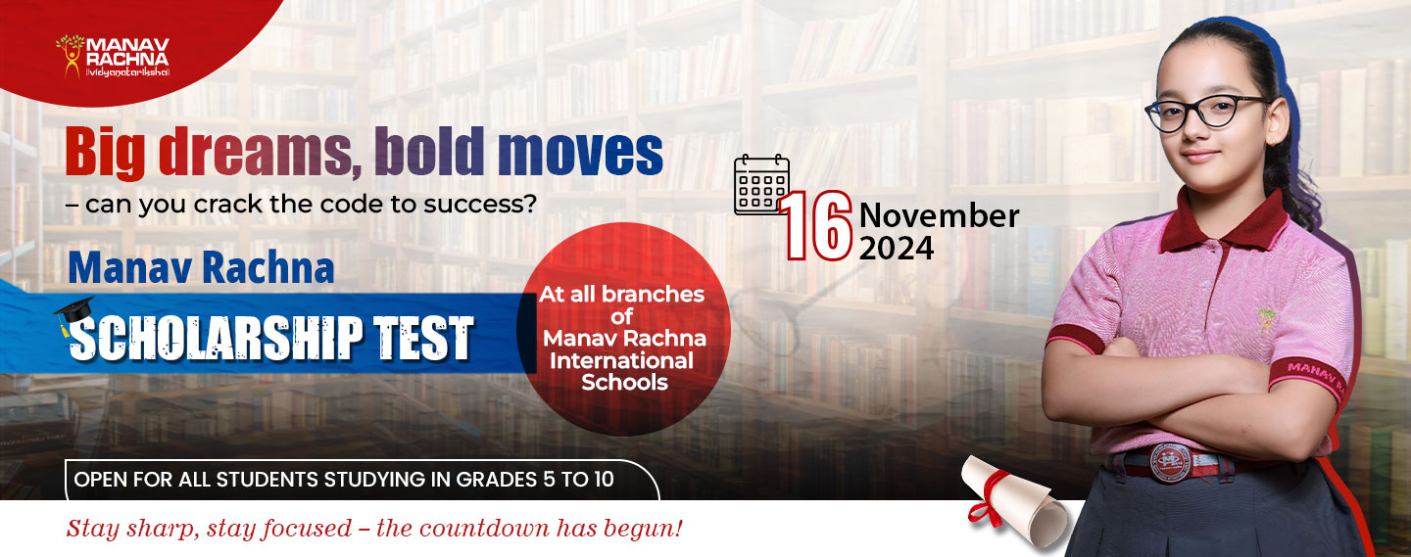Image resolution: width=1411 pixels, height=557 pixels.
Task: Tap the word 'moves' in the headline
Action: (x=580, y=153)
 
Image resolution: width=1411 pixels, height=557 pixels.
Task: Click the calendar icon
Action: (x=761, y=184)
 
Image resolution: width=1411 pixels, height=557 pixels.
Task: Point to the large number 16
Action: (x=815, y=225)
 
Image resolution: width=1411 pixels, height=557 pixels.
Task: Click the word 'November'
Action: (x=939, y=216)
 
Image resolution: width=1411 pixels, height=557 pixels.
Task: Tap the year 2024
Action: (x=897, y=249)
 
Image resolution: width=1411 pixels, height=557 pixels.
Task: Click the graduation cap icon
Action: (x=73, y=314)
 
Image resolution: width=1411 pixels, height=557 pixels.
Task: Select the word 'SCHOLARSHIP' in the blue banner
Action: (x=216, y=338)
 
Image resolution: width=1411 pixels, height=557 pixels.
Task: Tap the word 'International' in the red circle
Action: (x=621, y=360)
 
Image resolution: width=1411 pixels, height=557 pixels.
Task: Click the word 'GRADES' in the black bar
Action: (x=497, y=480)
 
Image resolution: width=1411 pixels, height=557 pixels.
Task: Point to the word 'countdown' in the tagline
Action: (x=492, y=528)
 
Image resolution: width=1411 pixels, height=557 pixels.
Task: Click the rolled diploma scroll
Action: (x=1014, y=501)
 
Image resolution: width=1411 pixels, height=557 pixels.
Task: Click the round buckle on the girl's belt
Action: (x=1171, y=463)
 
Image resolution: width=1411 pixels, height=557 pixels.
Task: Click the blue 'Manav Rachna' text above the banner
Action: (x=201, y=268)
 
